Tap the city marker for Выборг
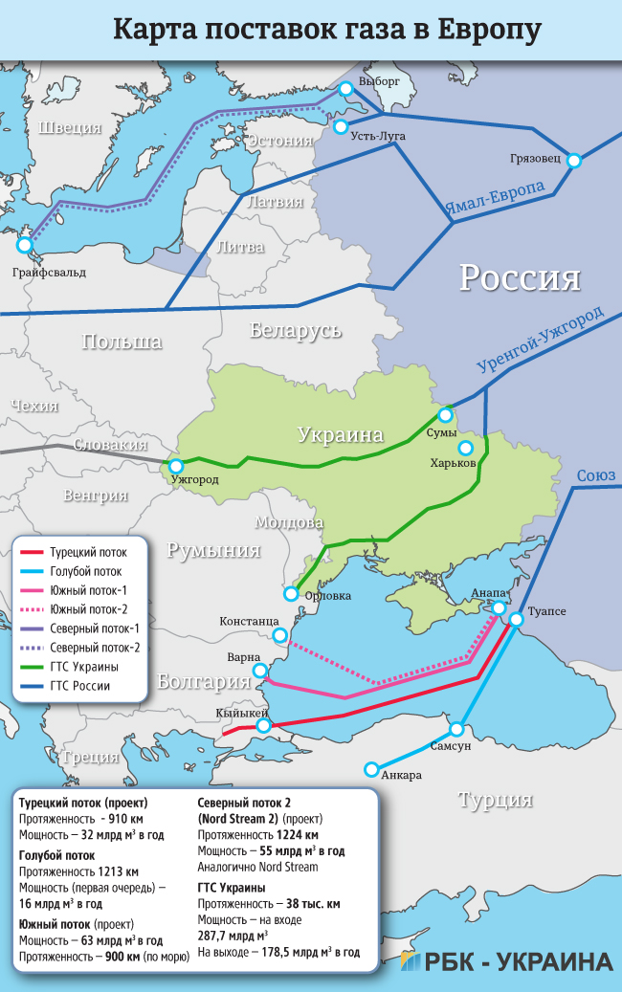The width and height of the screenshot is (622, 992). [345, 88]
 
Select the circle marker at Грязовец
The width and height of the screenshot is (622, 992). [573, 161]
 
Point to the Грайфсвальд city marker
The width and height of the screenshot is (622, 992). [25, 246]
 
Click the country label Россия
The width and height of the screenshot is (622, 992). [520, 277]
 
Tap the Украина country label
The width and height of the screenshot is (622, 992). [340, 435]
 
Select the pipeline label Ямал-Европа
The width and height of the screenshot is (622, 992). [495, 196]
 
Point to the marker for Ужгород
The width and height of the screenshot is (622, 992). [174, 466]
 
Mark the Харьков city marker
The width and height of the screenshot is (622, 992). [466, 448]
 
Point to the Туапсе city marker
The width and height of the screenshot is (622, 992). [516, 620]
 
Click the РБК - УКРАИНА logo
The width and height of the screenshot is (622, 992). [507, 961]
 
